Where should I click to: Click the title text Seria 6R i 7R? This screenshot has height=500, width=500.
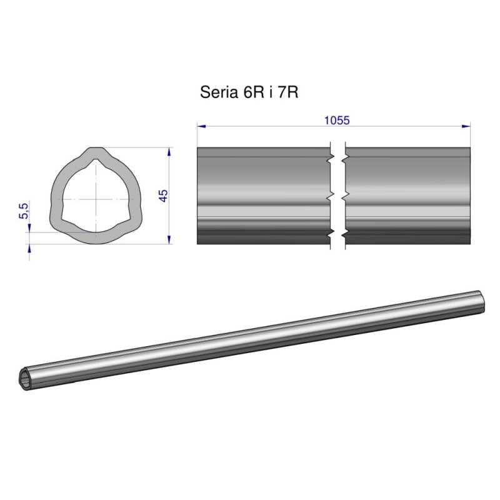248,92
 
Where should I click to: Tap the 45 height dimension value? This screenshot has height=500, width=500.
164,196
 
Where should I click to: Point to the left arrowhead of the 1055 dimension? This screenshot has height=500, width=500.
201,126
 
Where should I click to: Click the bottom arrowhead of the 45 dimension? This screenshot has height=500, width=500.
170,240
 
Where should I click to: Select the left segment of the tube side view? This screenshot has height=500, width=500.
263,196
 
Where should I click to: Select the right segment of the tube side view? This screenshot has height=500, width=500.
407,196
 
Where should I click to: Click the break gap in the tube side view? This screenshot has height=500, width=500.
337,196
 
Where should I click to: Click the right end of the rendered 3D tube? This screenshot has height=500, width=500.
480,302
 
